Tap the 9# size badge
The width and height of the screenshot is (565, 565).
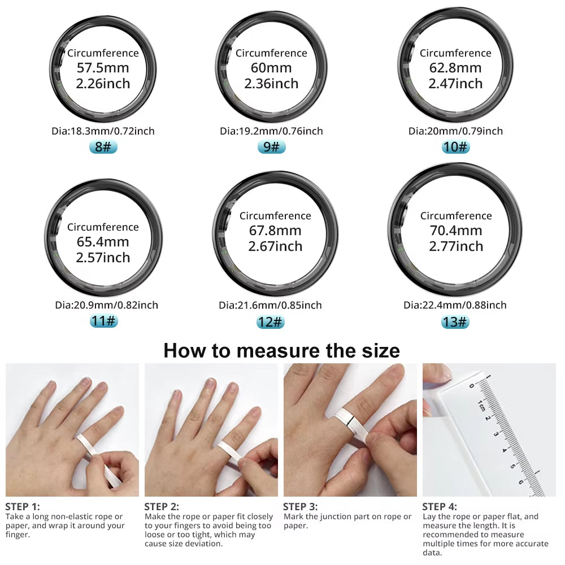click(x=271, y=147)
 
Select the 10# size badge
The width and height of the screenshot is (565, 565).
click(x=455, y=147)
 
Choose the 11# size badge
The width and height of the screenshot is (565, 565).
click(x=103, y=321)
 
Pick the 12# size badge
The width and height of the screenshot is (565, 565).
click(x=270, y=321)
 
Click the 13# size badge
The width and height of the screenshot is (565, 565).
click(x=455, y=321)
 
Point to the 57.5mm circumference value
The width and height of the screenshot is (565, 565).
click(x=103, y=68)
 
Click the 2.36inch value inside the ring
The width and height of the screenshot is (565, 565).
click(x=271, y=84)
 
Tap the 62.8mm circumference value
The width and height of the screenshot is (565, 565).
click(x=455, y=68)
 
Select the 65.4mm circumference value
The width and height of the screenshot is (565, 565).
click(x=103, y=242)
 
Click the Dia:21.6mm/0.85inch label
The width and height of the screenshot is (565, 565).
click(x=270, y=305)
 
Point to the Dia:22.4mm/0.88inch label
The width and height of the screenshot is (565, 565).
click(x=455, y=305)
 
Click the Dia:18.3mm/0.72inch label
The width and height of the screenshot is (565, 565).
click(x=103, y=131)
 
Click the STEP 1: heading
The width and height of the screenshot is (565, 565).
click(x=23, y=506)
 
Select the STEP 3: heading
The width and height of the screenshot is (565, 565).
click(x=300, y=506)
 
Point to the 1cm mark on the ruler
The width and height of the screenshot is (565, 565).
click(x=480, y=405)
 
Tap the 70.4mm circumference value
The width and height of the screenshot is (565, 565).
click(x=455, y=231)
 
